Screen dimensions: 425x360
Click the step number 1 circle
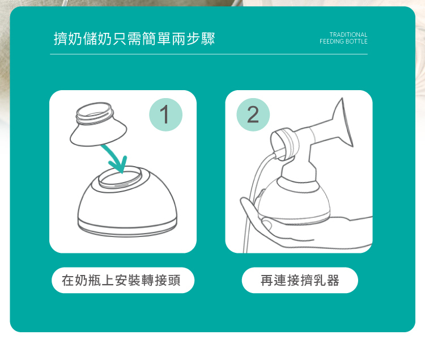tap(165, 115)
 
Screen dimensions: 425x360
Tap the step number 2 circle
tap(253, 115)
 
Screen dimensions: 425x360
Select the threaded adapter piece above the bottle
tap(98, 124)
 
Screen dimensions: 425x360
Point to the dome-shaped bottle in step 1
tap(127, 201)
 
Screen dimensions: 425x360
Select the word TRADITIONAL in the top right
tap(348, 35)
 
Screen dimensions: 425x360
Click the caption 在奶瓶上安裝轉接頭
tap(121, 280)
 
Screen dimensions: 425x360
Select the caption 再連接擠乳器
tap(300, 280)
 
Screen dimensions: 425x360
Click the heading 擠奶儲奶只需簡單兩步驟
tap(134, 39)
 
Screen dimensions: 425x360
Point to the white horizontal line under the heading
tap(209, 54)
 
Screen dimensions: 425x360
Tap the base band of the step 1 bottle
tap(127, 227)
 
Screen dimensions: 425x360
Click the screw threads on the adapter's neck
tap(94, 115)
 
